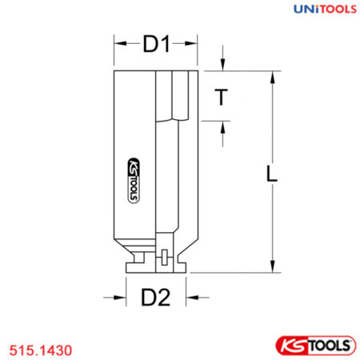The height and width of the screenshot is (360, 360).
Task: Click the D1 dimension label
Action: [157, 46]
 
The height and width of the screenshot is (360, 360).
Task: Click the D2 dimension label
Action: [156, 298]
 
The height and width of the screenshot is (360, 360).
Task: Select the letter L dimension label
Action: [273, 174]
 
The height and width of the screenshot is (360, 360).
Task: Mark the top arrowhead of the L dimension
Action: [273, 76]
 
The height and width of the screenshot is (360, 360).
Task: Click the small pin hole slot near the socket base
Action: [162, 257]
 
